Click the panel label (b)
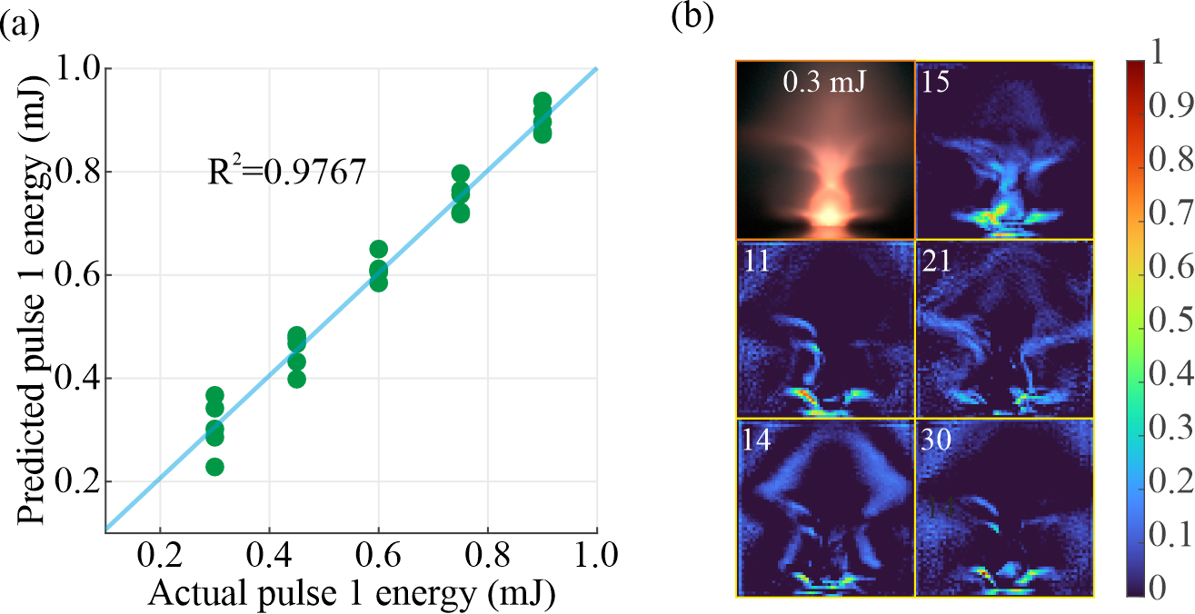692,16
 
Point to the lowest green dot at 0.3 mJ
214,467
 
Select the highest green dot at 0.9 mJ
543,102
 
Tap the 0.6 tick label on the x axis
378,553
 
